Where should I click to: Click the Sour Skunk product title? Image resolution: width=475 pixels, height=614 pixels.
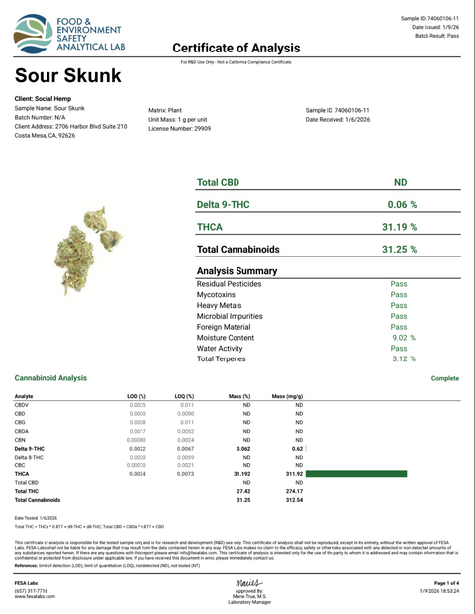pos(68,75)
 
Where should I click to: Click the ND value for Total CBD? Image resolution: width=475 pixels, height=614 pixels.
pos(399,183)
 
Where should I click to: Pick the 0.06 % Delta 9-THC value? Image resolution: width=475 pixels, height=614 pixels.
pos(399,204)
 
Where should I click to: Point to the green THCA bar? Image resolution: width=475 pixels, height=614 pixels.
pos(365,474)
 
